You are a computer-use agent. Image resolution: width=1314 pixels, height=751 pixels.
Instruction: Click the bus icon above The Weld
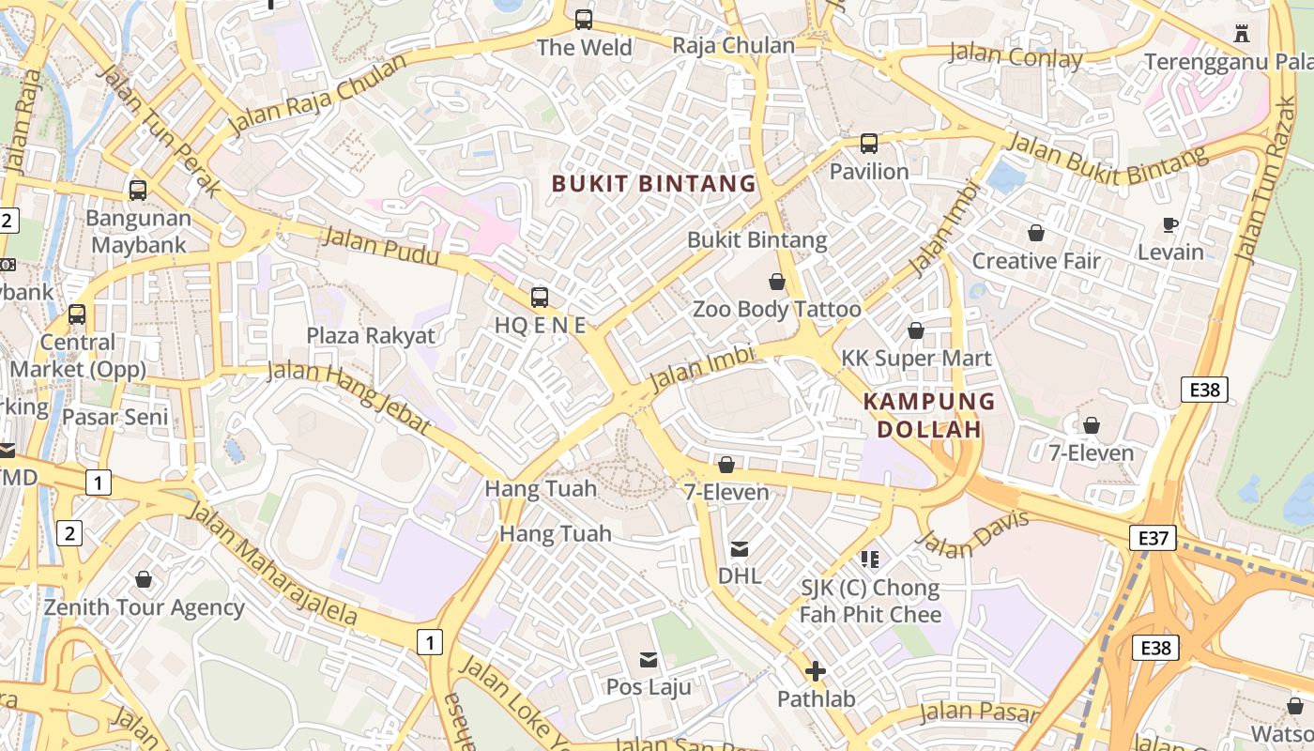(x=584, y=19)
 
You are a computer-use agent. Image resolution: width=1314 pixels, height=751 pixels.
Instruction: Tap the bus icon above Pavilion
(x=869, y=144)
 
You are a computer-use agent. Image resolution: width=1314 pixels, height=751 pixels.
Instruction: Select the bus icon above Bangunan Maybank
(x=138, y=191)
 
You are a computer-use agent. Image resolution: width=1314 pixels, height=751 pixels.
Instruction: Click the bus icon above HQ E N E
(x=540, y=298)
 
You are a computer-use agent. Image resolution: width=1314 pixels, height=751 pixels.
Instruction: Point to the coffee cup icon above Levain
(x=1169, y=224)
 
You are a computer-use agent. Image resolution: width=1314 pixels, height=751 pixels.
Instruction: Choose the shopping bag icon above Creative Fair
(x=1036, y=233)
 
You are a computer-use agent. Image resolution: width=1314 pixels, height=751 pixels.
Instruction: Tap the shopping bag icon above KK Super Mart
(x=915, y=330)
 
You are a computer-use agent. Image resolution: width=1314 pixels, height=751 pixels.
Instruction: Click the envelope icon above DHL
(x=740, y=549)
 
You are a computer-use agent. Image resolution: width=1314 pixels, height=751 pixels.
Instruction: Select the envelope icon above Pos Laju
(x=649, y=660)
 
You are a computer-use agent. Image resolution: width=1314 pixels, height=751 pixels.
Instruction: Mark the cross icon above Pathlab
(x=816, y=671)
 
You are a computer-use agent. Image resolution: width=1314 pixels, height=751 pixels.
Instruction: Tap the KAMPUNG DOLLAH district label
(x=928, y=415)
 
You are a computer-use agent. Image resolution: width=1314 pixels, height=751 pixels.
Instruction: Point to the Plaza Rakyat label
(x=371, y=336)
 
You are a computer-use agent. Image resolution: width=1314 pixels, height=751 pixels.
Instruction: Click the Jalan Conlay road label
(x=1016, y=56)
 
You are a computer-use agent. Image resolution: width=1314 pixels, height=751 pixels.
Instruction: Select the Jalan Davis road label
(x=972, y=534)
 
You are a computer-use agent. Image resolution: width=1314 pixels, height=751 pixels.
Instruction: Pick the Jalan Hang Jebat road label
(x=349, y=398)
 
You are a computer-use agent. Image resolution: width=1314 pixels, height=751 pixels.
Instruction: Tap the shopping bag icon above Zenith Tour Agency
(x=144, y=579)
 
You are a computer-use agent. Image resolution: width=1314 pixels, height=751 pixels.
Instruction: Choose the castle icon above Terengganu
(x=1242, y=34)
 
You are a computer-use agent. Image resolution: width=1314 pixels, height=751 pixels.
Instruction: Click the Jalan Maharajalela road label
(x=273, y=563)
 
